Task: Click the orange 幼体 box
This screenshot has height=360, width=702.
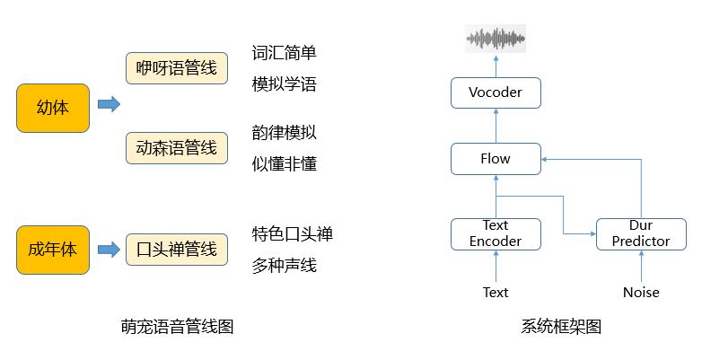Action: (53, 107)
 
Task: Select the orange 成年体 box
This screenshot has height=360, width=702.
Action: (53, 249)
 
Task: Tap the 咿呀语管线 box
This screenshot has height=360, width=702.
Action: (176, 68)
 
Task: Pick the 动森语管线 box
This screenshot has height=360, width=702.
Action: (176, 147)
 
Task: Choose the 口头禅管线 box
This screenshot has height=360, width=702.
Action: (176, 249)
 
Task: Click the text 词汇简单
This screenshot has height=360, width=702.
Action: (284, 53)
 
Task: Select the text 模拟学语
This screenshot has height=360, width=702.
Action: (284, 84)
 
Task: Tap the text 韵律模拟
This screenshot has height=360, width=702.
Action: (284, 133)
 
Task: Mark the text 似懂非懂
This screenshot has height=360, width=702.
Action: (284, 164)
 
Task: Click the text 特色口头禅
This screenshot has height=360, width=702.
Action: (292, 234)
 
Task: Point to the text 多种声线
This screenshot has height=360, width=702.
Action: (284, 266)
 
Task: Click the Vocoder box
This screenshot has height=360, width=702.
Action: (495, 92)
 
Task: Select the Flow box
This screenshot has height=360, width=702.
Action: (495, 159)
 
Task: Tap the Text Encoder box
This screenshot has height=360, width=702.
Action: (495, 233)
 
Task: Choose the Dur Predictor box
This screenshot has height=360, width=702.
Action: (641, 233)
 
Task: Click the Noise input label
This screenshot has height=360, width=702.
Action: (641, 292)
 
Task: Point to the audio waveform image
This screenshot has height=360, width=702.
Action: (496, 39)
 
